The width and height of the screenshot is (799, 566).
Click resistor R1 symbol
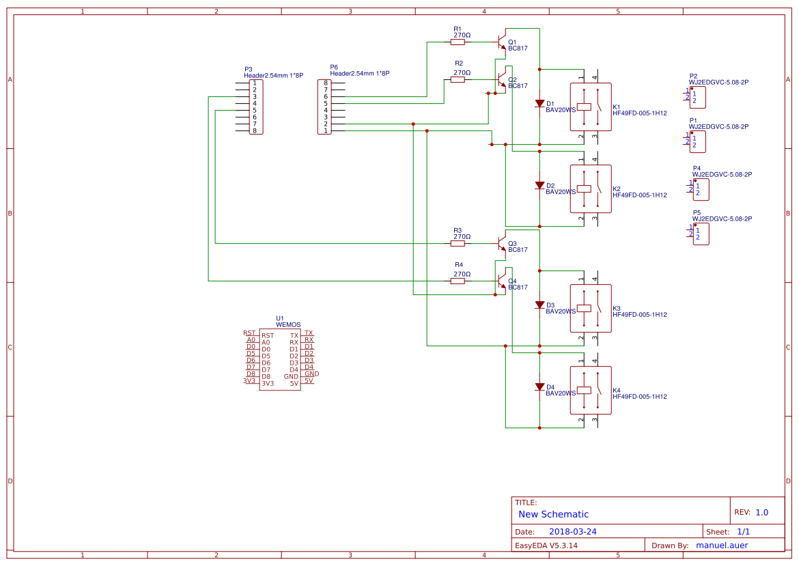tap(458, 42)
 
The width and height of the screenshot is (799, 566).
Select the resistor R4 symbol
tap(458, 281)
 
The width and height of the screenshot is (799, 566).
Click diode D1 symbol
tap(539, 104)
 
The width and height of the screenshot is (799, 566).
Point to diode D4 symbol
tap(539, 387)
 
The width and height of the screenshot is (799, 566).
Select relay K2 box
tap(591, 188)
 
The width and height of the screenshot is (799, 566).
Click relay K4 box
tap(591, 390)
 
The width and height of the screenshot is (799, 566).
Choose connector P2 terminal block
tap(697, 97)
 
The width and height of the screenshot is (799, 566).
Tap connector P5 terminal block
tap(701, 234)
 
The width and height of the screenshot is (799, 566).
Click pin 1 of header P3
tap(255, 83)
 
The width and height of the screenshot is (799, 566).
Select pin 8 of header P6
tap(326, 83)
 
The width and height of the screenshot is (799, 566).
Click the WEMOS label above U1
tap(288, 325)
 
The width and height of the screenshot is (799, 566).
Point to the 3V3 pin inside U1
tap(268, 384)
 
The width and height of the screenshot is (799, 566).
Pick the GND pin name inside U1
tap(291, 376)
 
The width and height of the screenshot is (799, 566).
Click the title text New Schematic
tap(553, 514)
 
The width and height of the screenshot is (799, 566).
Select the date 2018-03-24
tap(572, 531)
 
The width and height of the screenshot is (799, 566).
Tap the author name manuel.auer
tap(721, 545)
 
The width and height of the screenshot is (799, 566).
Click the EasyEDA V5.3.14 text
tap(546, 546)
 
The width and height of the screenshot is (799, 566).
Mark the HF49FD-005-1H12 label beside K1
tap(639, 113)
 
